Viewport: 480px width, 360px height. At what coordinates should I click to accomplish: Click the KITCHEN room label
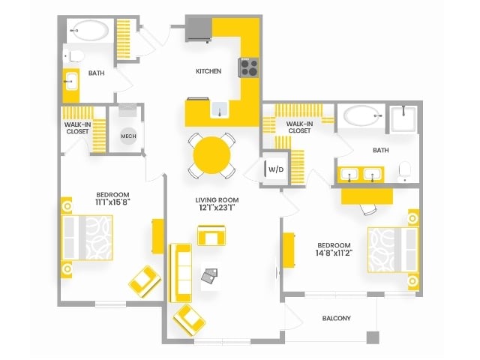click(x=208, y=71)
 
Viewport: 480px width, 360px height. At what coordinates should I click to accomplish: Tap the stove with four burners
click(x=248, y=67)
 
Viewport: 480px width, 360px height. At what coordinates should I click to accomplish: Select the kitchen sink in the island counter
click(x=220, y=109)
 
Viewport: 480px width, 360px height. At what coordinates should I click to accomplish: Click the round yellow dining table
click(x=211, y=155)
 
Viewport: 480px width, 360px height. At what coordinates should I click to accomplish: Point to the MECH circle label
click(x=128, y=136)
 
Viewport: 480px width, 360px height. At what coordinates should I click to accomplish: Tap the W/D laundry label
click(x=276, y=169)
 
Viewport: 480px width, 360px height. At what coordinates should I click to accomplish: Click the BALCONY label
click(x=337, y=318)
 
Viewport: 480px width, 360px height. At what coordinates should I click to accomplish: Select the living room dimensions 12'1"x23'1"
click(x=217, y=208)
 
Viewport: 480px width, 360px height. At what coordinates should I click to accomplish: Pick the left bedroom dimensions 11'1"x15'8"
click(x=112, y=202)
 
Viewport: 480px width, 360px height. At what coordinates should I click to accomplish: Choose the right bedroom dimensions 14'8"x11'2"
click(x=334, y=253)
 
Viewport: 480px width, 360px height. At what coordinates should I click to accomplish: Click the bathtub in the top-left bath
click(x=90, y=31)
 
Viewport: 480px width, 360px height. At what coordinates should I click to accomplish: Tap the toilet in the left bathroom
click(x=73, y=56)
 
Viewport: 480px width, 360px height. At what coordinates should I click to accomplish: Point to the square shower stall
click(x=403, y=119)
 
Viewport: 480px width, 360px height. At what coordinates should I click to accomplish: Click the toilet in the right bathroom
click(x=405, y=172)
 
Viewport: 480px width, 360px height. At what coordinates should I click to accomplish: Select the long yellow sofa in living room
click(x=181, y=273)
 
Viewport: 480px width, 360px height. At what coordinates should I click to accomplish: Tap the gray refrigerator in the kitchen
click(x=199, y=28)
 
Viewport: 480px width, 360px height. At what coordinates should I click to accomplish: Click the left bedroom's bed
click(x=87, y=238)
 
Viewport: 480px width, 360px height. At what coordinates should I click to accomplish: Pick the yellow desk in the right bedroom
click(x=367, y=196)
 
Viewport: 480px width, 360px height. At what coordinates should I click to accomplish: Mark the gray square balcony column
click(x=373, y=337)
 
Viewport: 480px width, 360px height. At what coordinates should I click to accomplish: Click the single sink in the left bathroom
click(x=71, y=82)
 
